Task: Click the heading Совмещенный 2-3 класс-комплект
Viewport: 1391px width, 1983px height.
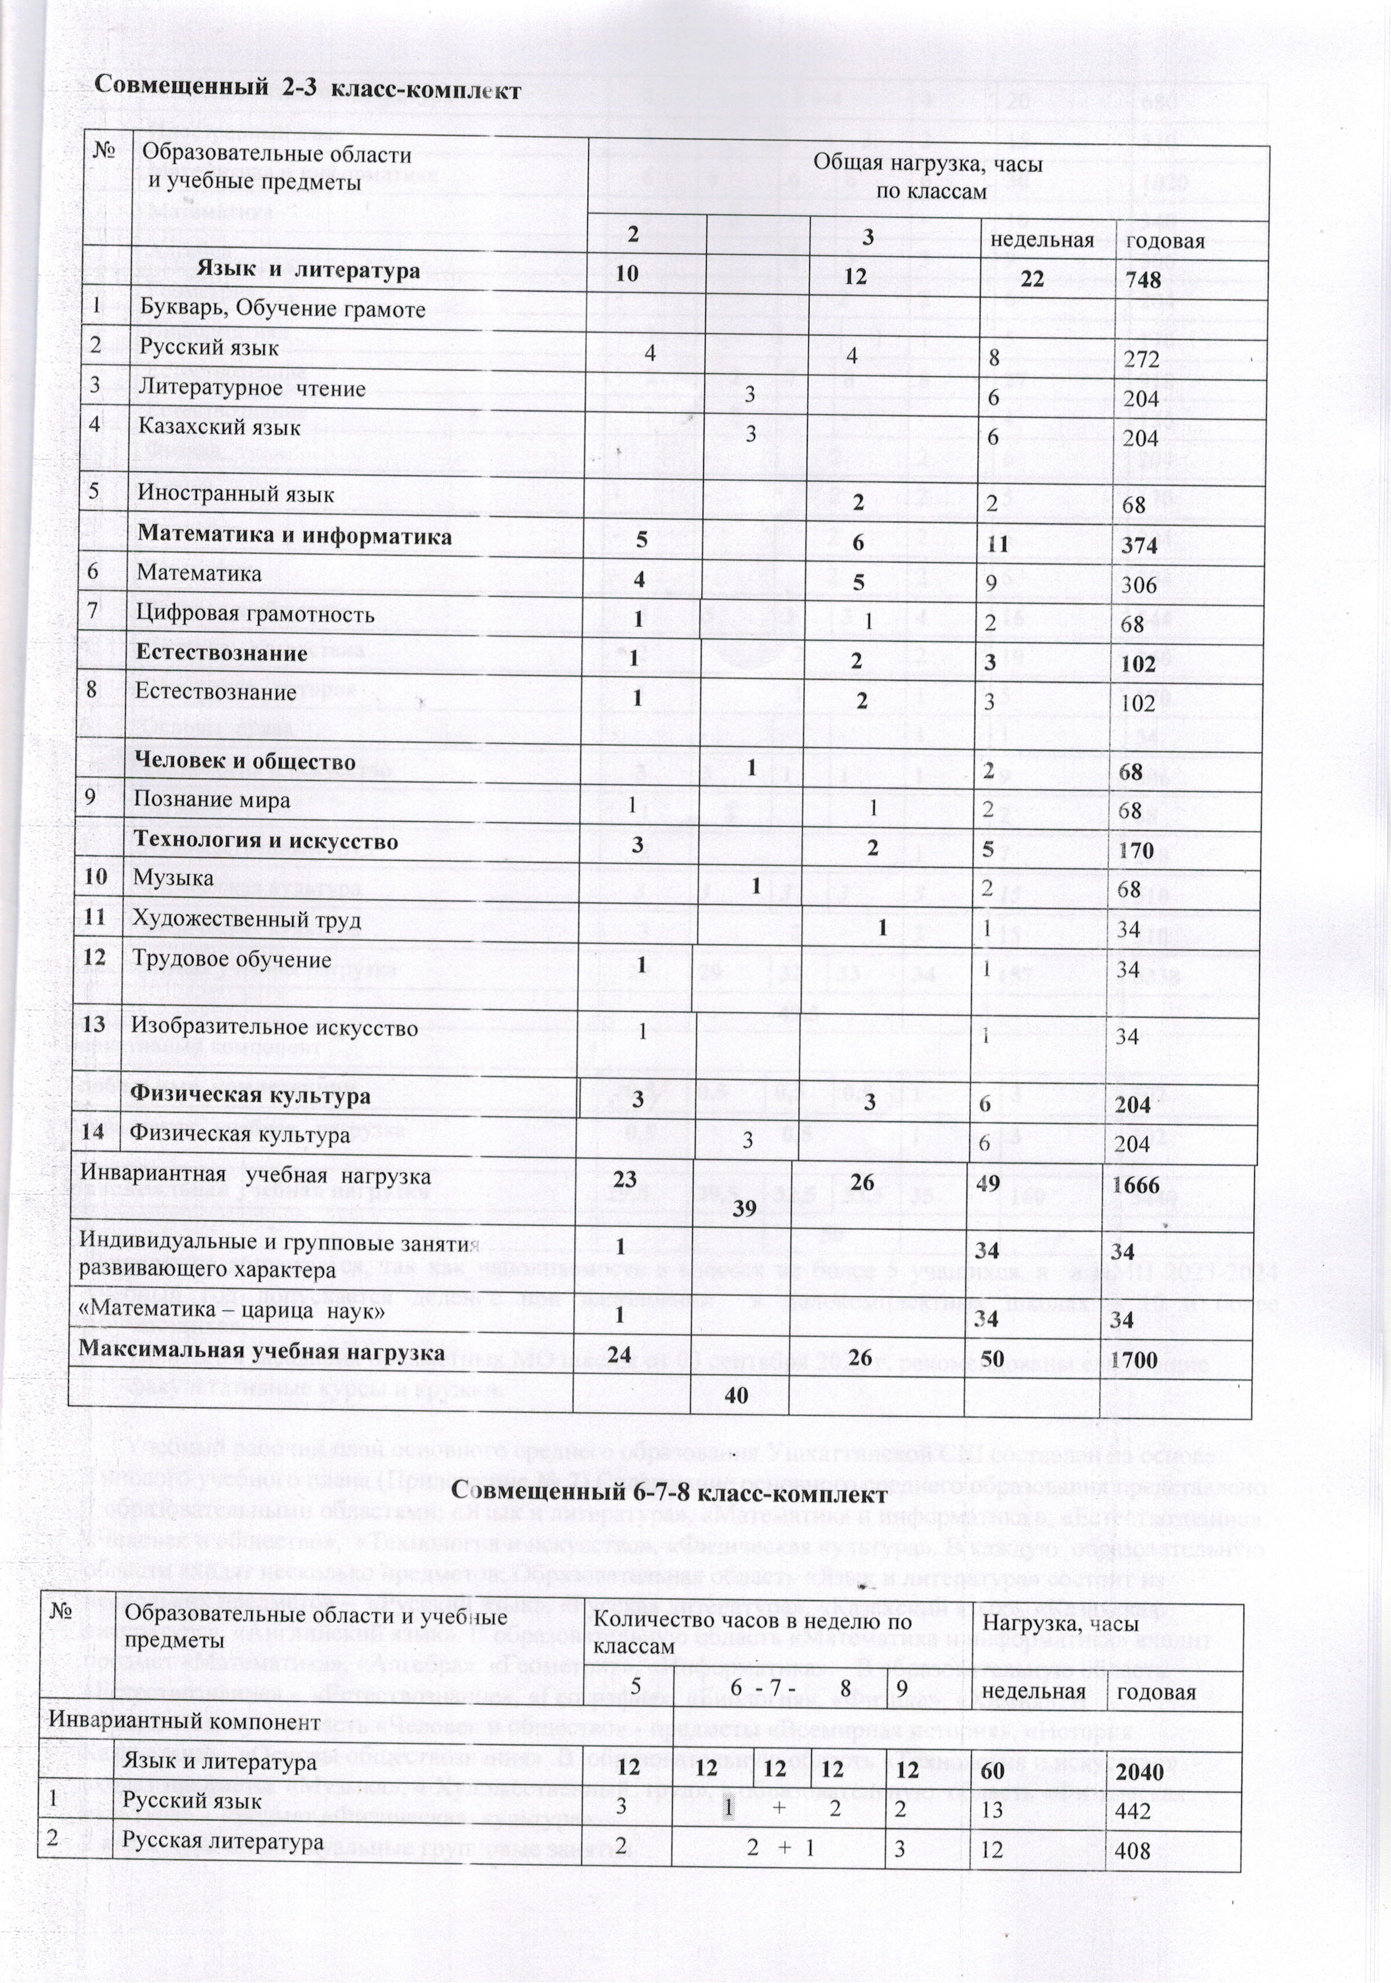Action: (x=308, y=89)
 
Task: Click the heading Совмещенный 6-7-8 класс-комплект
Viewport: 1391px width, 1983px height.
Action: (x=670, y=1493)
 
